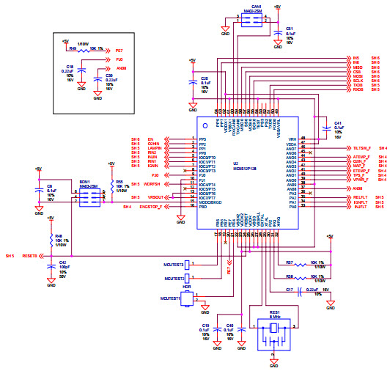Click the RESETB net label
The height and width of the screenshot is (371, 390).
tap(29, 257)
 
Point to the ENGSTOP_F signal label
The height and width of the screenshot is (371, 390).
tap(153, 207)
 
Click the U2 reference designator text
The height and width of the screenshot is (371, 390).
tap(236, 163)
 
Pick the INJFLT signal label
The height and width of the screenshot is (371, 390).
tap(360, 207)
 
